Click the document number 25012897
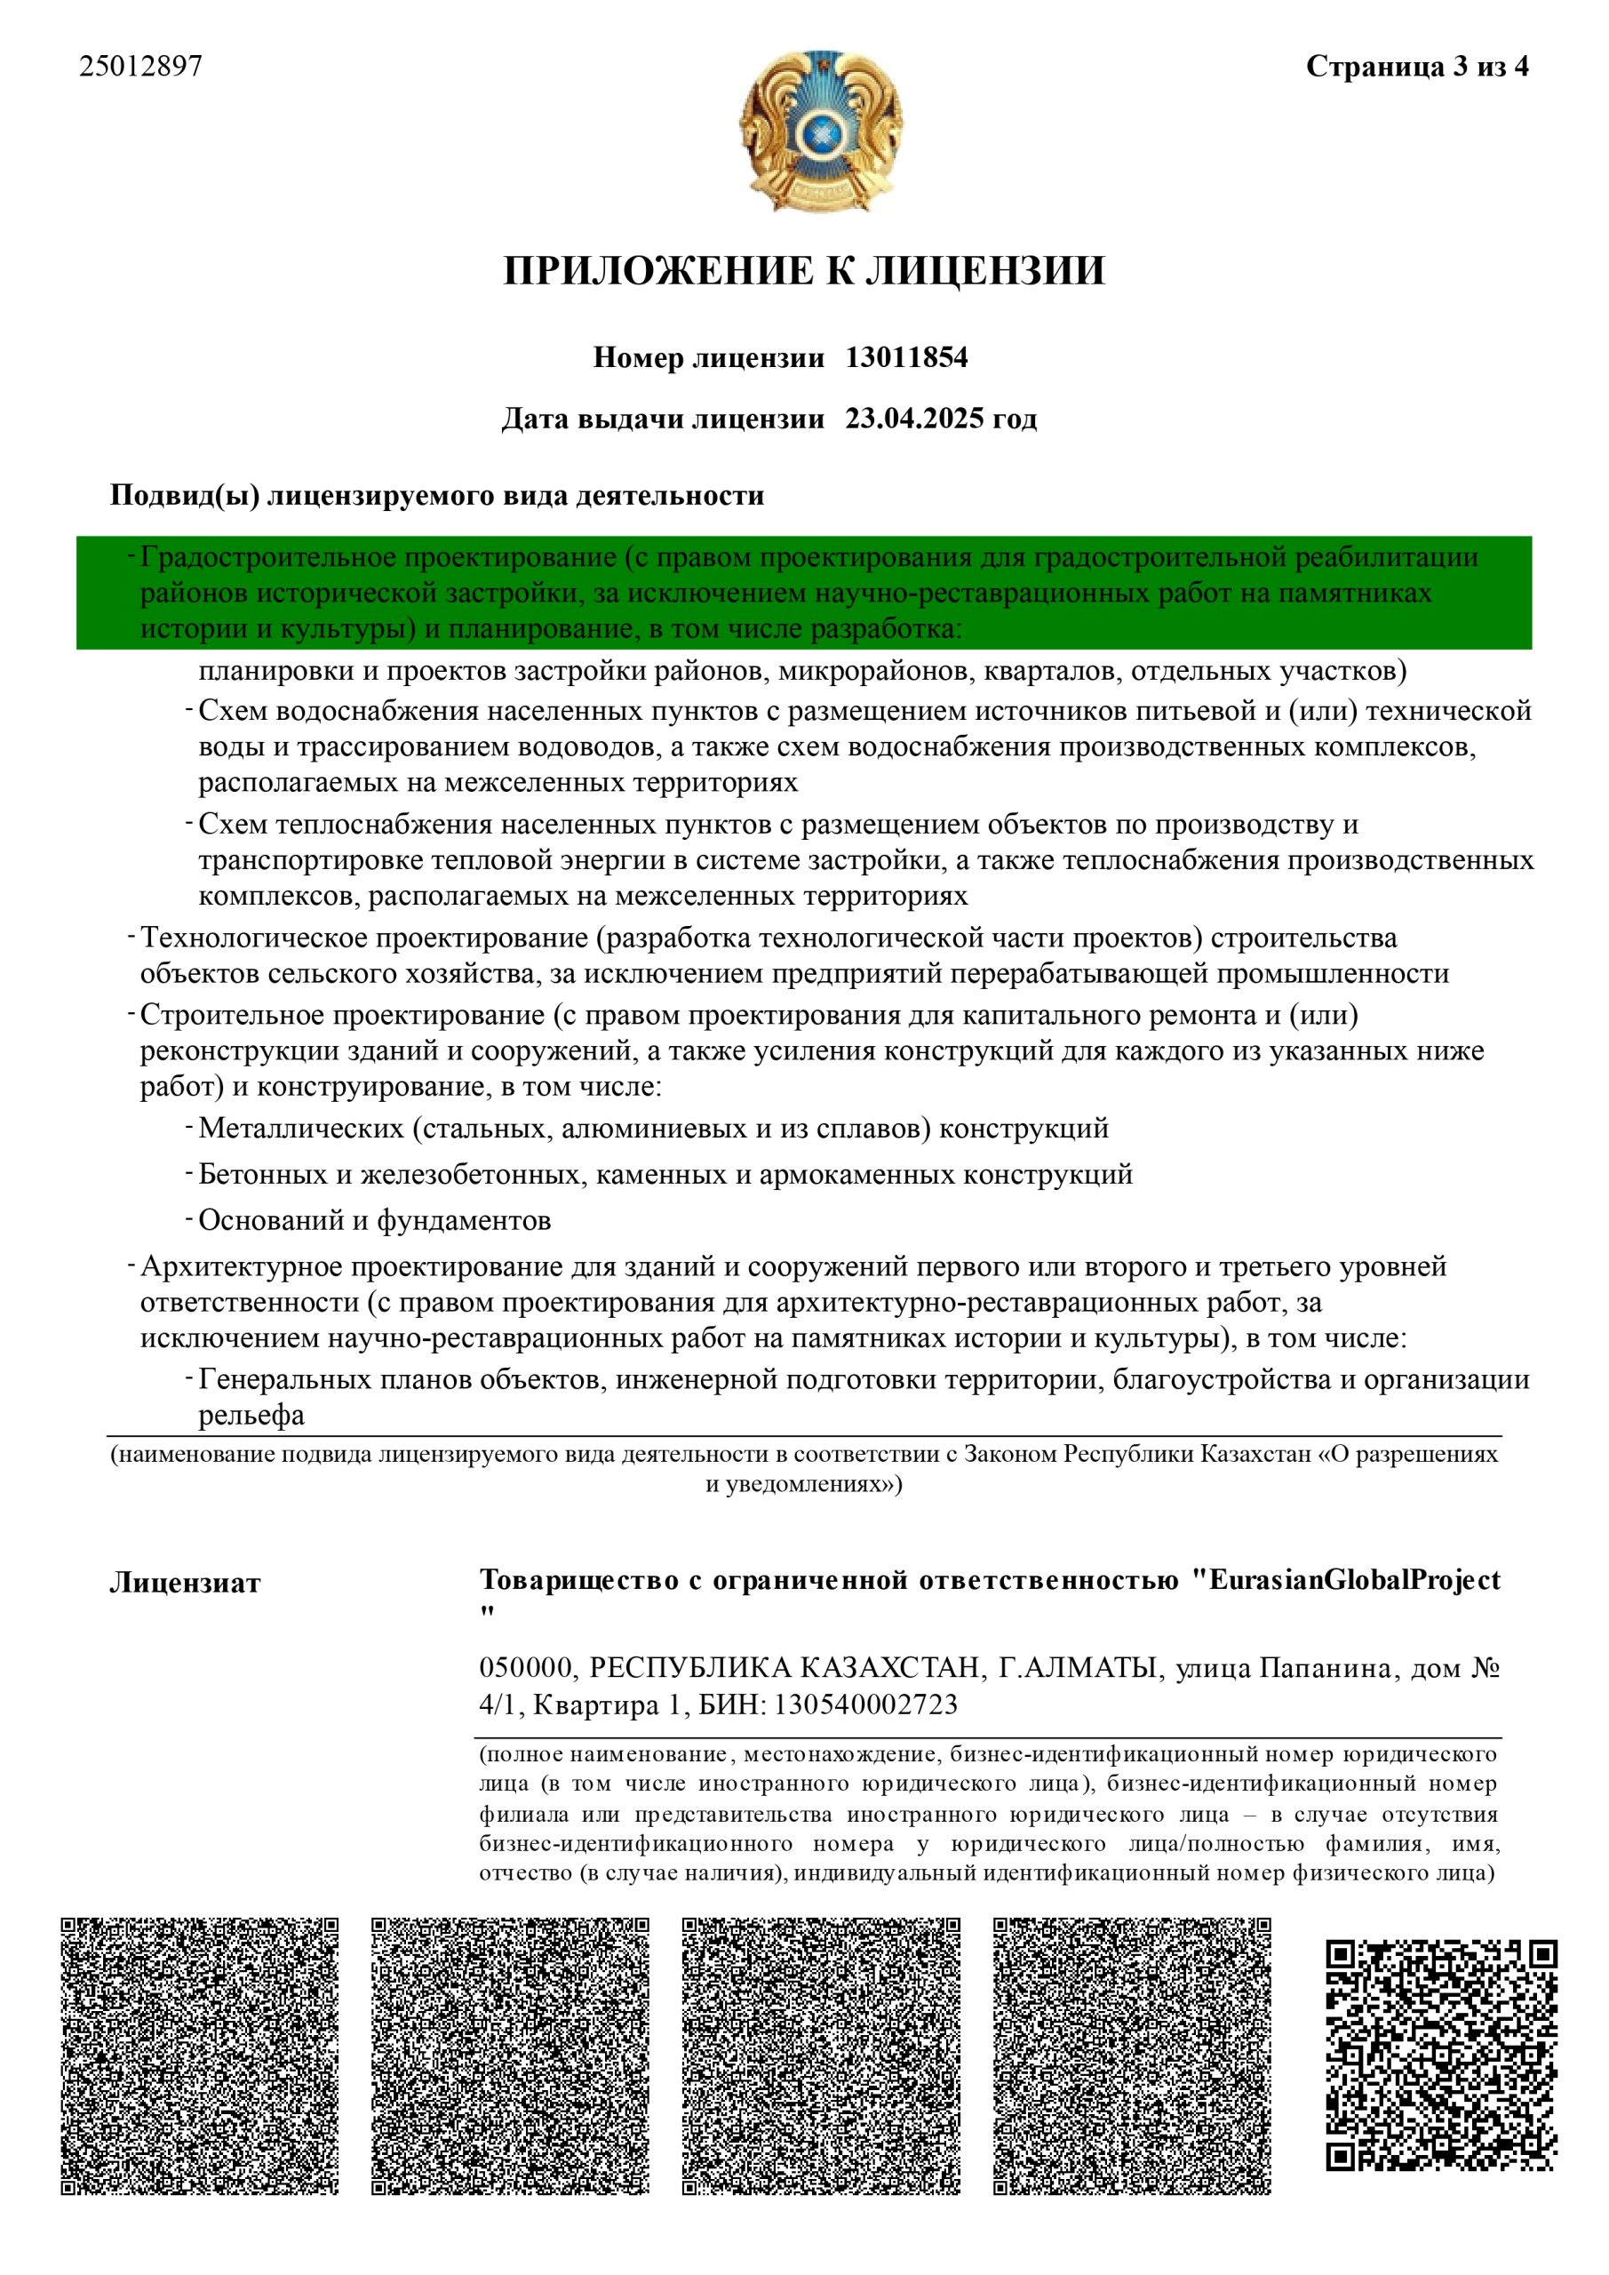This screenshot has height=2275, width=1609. click(x=140, y=67)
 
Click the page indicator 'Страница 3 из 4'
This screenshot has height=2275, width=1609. click(x=1417, y=67)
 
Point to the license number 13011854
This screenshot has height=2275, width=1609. click(x=905, y=358)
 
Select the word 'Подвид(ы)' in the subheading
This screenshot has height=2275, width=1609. click(x=183, y=495)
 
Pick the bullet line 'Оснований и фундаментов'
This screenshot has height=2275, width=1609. click(x=375, y=1221)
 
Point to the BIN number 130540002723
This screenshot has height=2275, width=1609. click(x=866, y=1704)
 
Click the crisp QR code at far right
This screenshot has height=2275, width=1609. click(x=1442, y=2056)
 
